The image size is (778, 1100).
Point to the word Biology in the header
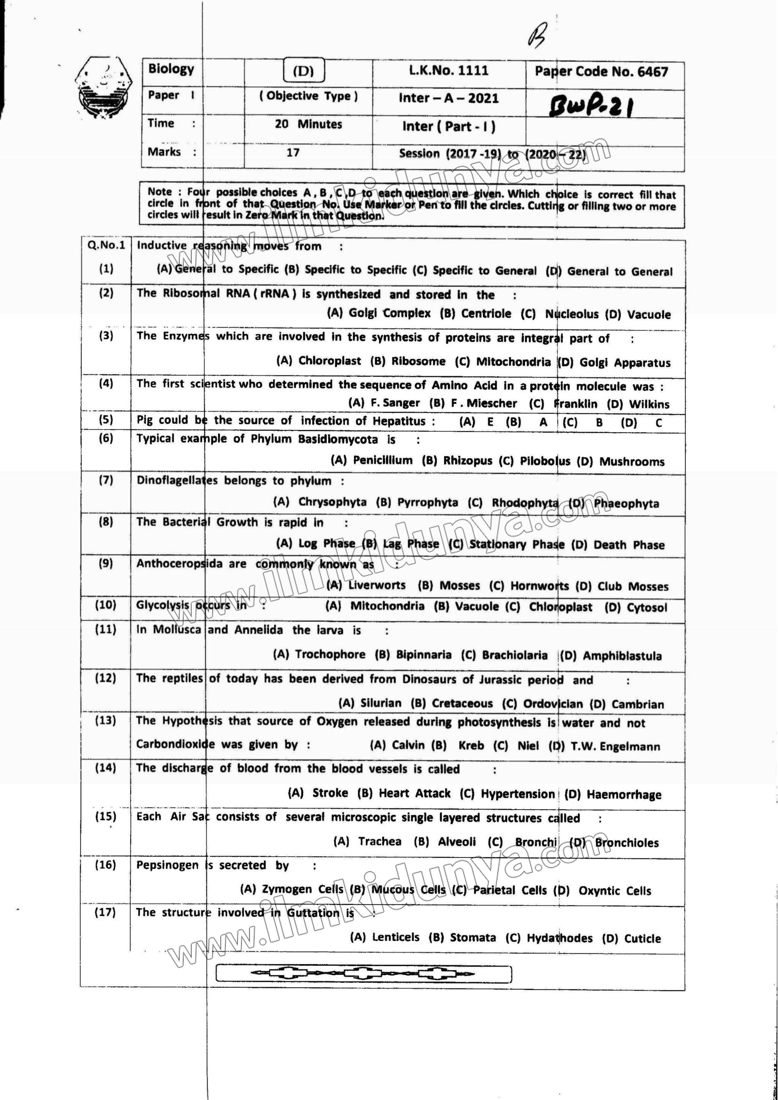(171, 69)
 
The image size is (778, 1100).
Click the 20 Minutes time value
(308, 124)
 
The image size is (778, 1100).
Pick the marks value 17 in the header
(293, 152)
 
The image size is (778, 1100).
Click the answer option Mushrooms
(632, 462)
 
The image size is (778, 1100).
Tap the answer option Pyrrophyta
(427, 502)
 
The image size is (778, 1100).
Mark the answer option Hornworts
(539, 586)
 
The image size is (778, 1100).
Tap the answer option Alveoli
(457, 842)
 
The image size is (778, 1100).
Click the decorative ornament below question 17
(363, 974)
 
